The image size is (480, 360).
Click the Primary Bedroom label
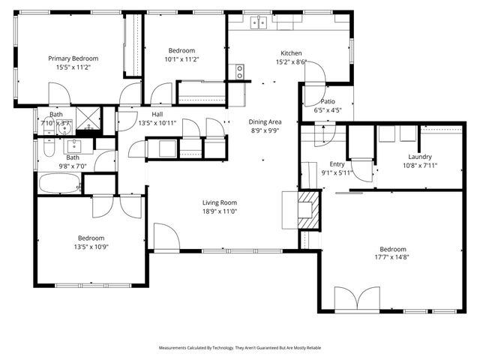click(73, 58)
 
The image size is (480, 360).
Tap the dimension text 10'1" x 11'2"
click(181, 58)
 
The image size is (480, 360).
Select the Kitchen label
click(291, 53)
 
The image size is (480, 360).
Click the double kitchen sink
click(259, 22)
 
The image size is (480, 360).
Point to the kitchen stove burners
click(240, 72)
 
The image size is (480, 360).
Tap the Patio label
click(328, 100)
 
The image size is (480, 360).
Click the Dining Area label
click(265, 121)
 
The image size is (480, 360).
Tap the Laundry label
click(420, 157)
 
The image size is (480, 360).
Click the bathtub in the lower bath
click(58, 184)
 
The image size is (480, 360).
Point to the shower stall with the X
click(88, 120)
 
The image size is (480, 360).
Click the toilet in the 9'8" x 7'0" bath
click(46, 149)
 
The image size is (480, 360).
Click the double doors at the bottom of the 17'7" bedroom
click(357, 300)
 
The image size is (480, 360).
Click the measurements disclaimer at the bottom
click(240, 348)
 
